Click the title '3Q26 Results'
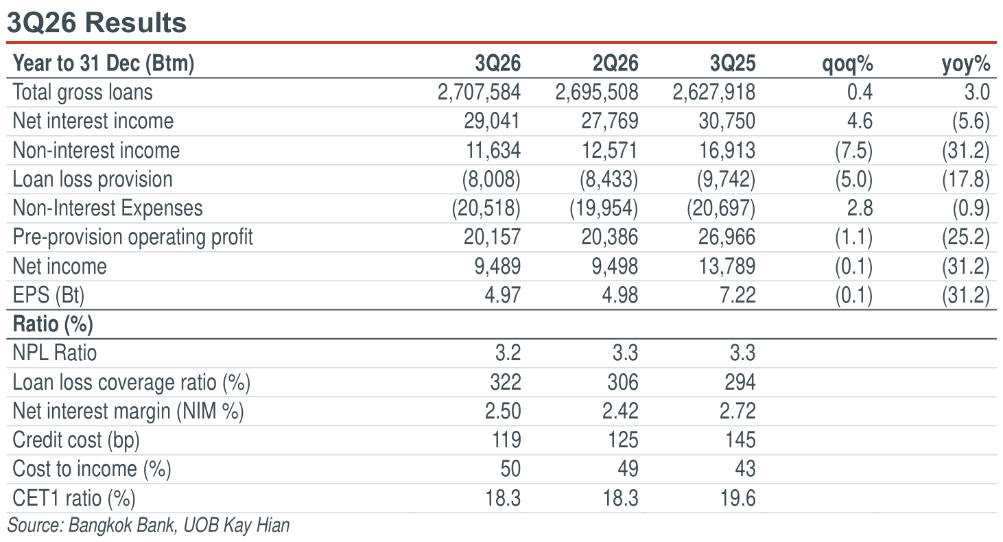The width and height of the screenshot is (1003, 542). pos(96,23)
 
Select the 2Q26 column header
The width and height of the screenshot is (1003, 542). pos(615,63)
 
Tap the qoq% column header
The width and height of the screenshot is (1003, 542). pos(848,64)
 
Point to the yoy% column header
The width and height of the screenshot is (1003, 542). pos(966,64)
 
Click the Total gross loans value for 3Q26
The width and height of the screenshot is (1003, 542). pos(479,92)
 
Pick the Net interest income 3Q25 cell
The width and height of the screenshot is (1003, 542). pos(727,121)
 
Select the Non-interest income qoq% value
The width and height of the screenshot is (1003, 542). pos(853,150)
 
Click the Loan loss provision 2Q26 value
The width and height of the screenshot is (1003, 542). pos(609,179)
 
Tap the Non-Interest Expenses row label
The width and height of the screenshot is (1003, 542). pos(108,209)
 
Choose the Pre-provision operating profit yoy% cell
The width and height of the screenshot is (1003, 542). pos(965,237)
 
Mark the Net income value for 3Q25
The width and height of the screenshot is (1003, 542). pos(727,266)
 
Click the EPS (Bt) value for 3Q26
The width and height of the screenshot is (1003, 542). pos(502,295)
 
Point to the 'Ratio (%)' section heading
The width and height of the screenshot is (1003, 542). pos(53,325)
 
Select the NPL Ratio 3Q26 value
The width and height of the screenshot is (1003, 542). pos(508,353)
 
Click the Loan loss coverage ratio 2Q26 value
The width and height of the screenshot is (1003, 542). pos(622,382)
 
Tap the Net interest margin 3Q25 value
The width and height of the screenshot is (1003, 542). pos(737,411)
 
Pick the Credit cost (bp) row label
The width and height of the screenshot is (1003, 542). pos(76,440)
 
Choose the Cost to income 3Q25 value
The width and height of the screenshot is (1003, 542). pos(745,469)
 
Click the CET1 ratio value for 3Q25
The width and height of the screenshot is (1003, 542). pos(737,498)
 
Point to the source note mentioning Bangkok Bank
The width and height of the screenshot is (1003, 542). pos(148,526)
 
